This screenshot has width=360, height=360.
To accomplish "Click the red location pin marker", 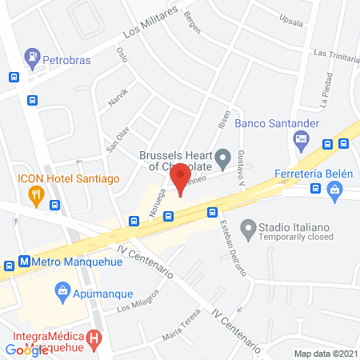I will click(x=181, y=177).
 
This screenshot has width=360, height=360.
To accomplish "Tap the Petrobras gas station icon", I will click(x=33, y=57).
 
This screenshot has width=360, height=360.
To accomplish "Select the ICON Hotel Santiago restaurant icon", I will click(x=35, y=194).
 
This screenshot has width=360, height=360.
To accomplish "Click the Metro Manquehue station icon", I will click(x=25, y=261).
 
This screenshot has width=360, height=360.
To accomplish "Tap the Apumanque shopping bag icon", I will click(x=62, y=290).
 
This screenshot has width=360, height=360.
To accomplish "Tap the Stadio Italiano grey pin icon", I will click(x=248, y=228).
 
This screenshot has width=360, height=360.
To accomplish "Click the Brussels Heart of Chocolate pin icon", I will click(x=225, y=155).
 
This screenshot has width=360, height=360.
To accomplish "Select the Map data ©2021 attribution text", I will click(x=325, y=354).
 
